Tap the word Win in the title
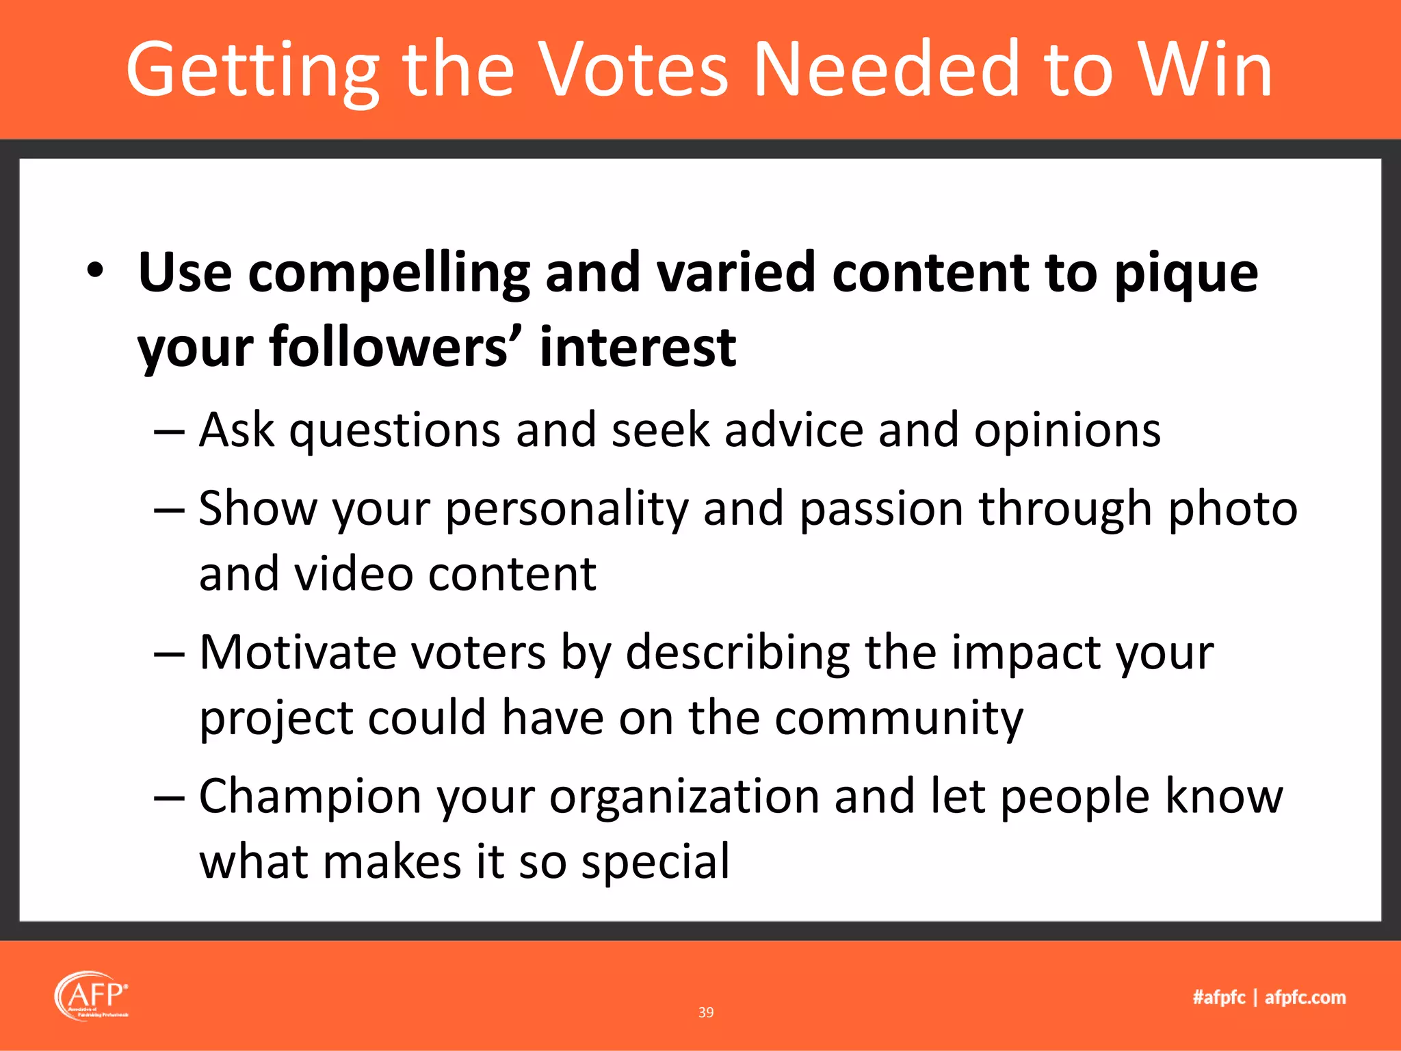coord(1204,70)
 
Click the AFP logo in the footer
coord(92,996)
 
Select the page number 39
coord(706,1012)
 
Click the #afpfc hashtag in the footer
coord(1219,997)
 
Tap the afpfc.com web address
coord(1305,997)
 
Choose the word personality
coord(566,510)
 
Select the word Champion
coord(310,798)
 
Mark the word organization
coord(684,798)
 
